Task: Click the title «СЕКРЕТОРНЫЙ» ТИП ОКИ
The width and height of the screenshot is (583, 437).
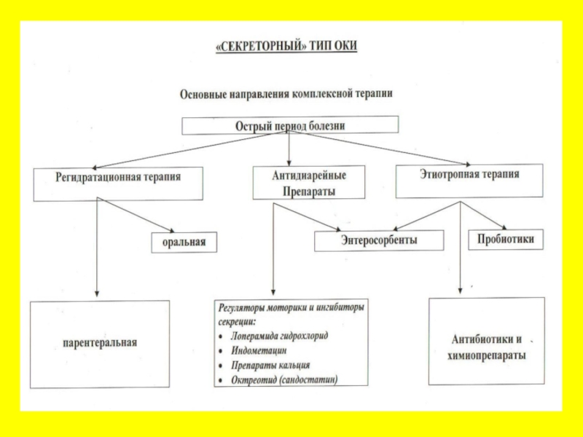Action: (x=286, y=46)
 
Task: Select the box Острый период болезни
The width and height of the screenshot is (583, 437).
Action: (x=290, y=125)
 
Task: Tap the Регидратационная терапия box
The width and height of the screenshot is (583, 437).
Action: (x=118, y=184)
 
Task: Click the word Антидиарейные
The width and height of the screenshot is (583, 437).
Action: (x=309, y=175)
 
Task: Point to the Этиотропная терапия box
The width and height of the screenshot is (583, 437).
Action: (x=469, y=181)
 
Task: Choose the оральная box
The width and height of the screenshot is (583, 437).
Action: (x=184, y=243)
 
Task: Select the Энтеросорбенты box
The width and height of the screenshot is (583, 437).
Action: (x=379, y=240)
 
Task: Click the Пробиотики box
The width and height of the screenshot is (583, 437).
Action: (x=506, y=240)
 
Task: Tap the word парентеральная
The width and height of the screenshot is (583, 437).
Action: (x=100, y=342)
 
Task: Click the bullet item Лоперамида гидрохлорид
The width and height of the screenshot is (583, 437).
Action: (x=279, y=336)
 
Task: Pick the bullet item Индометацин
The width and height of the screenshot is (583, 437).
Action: (x=259, y=350)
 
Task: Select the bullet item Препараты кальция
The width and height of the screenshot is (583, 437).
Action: (x=270, y=366)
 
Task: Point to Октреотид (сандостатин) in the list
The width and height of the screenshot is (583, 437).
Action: (x=284, y=379)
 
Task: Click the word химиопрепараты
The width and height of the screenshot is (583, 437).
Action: (x=487, y=355)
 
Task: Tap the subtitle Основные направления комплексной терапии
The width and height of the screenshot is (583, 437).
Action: (x=286, y=94)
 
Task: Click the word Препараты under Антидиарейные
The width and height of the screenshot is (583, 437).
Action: (x=309, y=192)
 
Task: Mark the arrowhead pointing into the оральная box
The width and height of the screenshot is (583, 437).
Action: (x=171, y=230)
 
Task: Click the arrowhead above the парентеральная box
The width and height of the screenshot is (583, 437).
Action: (x=97, y=294)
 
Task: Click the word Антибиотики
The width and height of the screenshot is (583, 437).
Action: (x=487, y=339)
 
